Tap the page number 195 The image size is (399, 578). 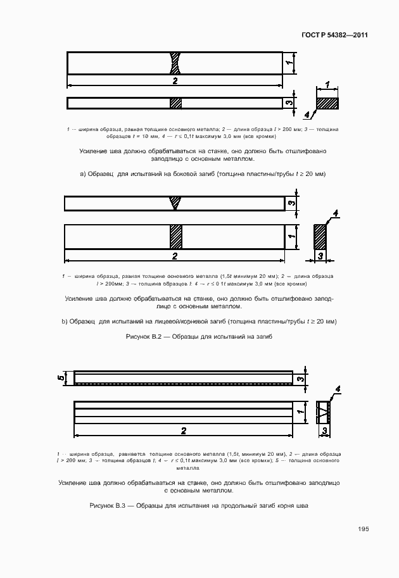click(x=363, y=529)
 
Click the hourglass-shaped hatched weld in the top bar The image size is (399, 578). click(x=175, y=63)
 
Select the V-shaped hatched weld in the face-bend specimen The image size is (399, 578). click(x=175, y=203)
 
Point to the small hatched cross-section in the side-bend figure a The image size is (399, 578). click(x=327, y=102)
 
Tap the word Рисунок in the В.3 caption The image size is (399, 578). click(x=103, y=506)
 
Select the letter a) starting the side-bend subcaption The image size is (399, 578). click(x=82, y=173)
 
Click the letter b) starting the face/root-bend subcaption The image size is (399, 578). click(x=65, y=322)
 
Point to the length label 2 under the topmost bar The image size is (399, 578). click(x=175, y=81)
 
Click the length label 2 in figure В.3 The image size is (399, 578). click(x=184, y=430)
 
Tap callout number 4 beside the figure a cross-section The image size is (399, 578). click(x=307, y=115)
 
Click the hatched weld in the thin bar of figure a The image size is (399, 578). click(x=176, y=103)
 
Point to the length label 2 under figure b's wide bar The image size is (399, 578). click(x=175, y=256)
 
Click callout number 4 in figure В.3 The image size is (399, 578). click(x=338, y=389)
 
